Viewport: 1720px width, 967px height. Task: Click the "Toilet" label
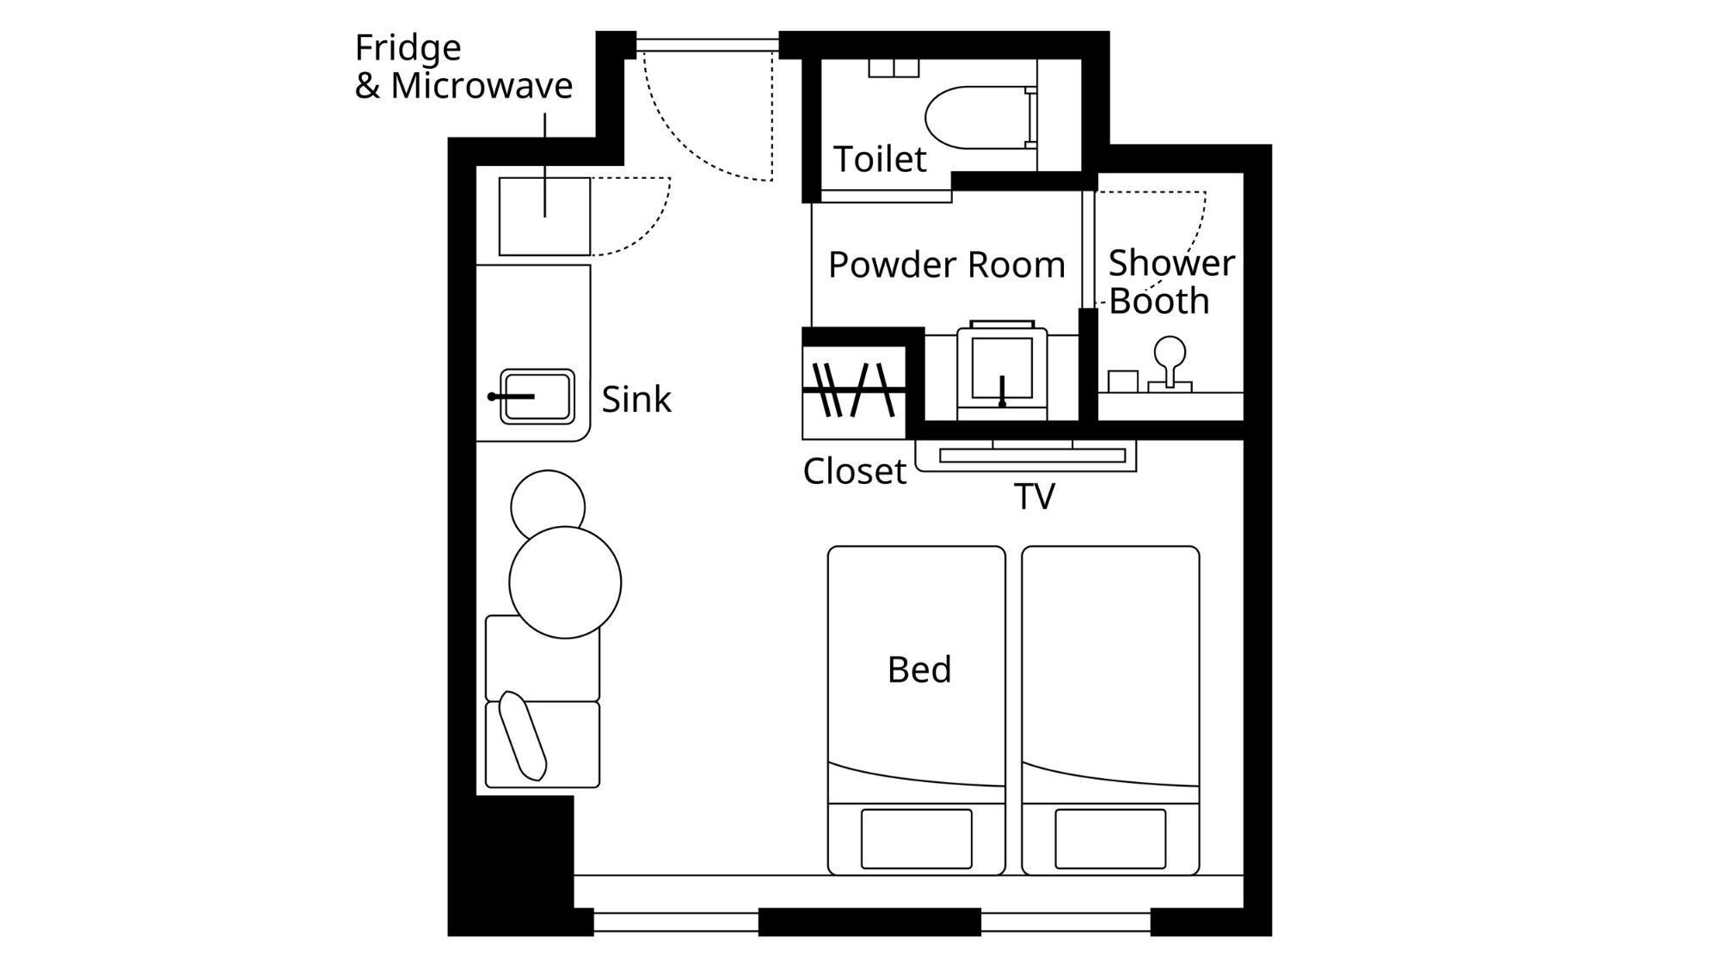(880, 159)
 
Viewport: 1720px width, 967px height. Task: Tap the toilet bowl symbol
(980, 116)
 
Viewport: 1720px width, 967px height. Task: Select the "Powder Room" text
(947, 265)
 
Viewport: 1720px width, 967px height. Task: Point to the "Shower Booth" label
(1171, 282)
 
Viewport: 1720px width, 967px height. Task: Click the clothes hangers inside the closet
(853, 390)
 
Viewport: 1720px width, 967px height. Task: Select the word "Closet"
(854, 471)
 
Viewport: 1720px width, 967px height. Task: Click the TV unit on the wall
(1026, 456)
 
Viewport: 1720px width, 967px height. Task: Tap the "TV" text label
(1034, 497)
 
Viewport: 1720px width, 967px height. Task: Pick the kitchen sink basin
(537, 396)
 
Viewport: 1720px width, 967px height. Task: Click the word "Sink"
(636, 400)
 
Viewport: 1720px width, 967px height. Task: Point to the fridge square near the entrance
(544, 217)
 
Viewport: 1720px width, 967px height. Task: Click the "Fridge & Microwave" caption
(464, 66)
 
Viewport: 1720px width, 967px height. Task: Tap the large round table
(565, 582)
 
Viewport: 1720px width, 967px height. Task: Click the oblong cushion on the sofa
(523, 736)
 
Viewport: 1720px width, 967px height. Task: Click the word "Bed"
(919, 670)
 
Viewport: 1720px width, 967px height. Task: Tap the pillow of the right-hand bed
(1110, 839)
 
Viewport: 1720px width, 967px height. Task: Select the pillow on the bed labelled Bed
(917, 839)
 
